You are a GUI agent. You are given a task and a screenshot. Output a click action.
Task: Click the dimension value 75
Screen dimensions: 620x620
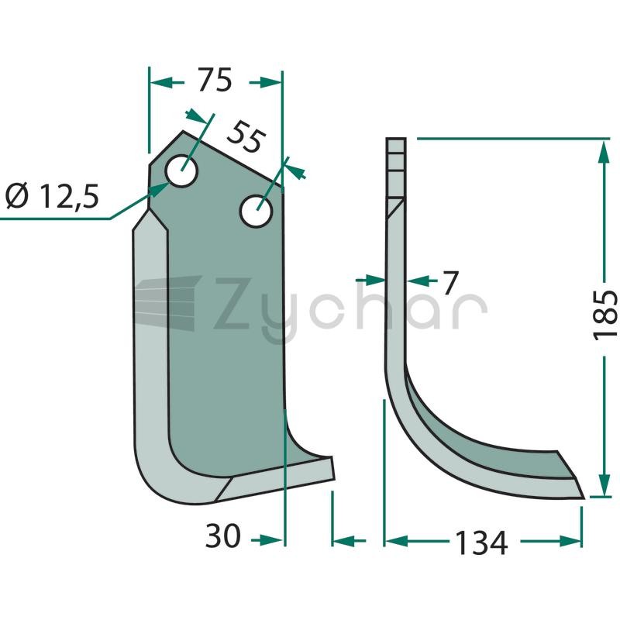[x=215, y=80]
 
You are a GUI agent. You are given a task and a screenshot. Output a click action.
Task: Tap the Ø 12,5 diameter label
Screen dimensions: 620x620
[x=52, y=196]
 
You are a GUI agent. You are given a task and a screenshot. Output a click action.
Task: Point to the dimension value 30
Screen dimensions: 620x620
[x=222, y=536]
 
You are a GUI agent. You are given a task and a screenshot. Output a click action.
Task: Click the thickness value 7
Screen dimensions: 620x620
[x=450, y=282]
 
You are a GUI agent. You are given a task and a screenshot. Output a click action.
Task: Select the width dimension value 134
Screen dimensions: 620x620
[x=480, y=542]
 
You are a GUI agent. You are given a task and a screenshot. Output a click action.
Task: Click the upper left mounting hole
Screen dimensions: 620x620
[x=182, y=170]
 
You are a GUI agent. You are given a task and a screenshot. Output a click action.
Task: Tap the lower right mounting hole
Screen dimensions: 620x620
[x=257, y=210]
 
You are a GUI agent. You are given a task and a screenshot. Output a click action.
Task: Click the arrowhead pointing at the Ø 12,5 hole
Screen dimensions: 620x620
[x=160, y=189]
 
